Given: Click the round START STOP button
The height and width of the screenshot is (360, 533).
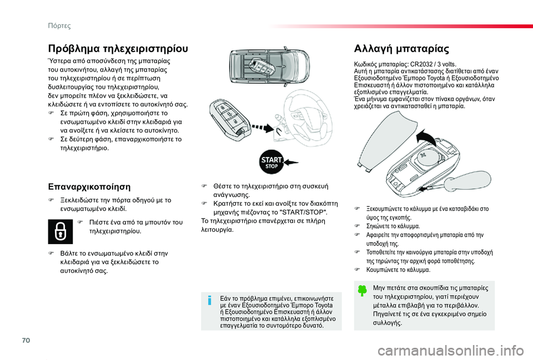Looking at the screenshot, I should (271, 164).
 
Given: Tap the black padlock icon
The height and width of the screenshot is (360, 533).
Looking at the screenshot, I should (59, 232).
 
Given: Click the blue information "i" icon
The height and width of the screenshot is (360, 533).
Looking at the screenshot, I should (209, 301).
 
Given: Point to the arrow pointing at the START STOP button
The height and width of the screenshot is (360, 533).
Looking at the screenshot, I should (290, 164).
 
